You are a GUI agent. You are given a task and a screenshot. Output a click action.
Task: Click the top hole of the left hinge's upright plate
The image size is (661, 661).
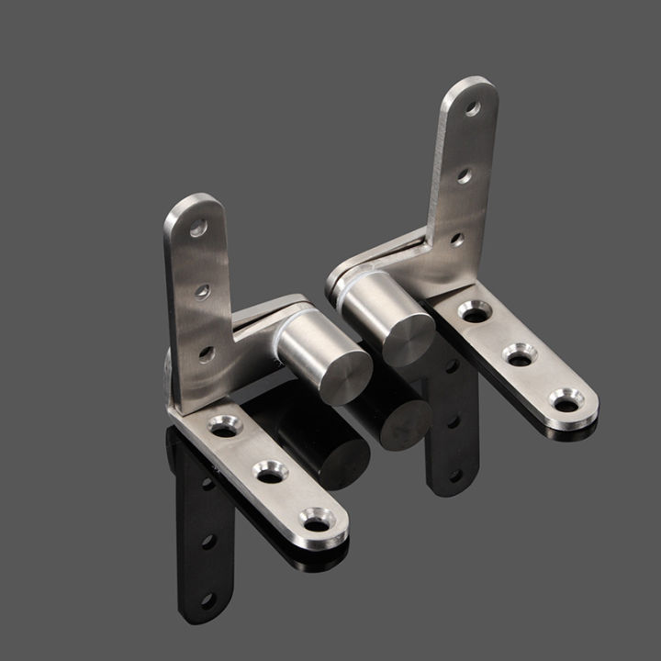[198, 230]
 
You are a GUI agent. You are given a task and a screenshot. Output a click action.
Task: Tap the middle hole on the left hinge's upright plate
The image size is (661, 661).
[203, 292]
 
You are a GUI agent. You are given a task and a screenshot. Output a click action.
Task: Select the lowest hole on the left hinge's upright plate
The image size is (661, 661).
[207, 353]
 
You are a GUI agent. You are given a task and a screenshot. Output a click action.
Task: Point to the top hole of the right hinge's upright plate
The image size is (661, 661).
[473, 108]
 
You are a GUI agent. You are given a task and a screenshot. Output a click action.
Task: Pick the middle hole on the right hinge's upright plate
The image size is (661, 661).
[465, 174]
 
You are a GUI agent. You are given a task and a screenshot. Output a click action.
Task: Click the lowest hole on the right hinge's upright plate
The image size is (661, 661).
[456, 240]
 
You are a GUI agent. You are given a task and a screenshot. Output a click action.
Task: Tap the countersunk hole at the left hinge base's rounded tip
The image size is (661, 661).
[316, 523]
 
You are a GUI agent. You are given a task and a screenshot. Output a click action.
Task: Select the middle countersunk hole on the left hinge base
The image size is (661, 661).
[270, 474]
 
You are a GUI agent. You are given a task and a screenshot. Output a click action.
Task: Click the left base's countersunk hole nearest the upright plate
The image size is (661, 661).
[224, 425]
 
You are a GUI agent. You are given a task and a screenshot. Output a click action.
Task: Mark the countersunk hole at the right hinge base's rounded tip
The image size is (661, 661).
[566, 400]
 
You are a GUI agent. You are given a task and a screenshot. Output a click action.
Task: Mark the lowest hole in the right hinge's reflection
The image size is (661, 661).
[454, 475]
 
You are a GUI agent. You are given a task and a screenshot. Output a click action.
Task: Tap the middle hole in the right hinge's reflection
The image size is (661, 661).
[453, 422]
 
